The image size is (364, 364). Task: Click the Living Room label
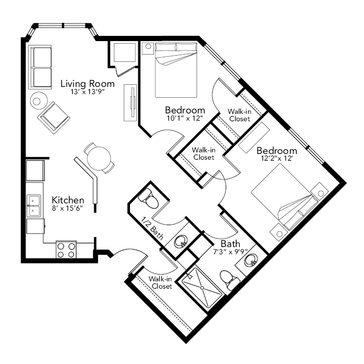coord(87,84)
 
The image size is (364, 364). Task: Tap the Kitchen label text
coord(68,200)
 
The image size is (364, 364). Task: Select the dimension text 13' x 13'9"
coord(88,92)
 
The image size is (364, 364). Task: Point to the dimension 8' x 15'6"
coord(68,208)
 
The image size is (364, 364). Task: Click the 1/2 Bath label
coord(152,228)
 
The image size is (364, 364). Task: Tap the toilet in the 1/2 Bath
coord(148,199)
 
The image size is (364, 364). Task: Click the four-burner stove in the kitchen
coord(66,250)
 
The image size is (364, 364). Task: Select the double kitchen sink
coord(34,206)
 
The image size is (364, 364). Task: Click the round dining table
coord(99,159)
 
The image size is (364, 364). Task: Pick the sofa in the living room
coord(40,67)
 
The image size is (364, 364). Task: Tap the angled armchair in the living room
coord(54,118)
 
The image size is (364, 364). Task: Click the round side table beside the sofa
coord(39,101)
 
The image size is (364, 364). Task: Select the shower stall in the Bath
coord(202,288)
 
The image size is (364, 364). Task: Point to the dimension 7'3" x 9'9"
coord(230,252)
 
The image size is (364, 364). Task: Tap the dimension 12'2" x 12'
coord(276,159)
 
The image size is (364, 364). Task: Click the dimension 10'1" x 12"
coord(185,118)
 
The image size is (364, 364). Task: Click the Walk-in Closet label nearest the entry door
coord(160,282)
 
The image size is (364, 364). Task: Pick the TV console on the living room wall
coord(131,102)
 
